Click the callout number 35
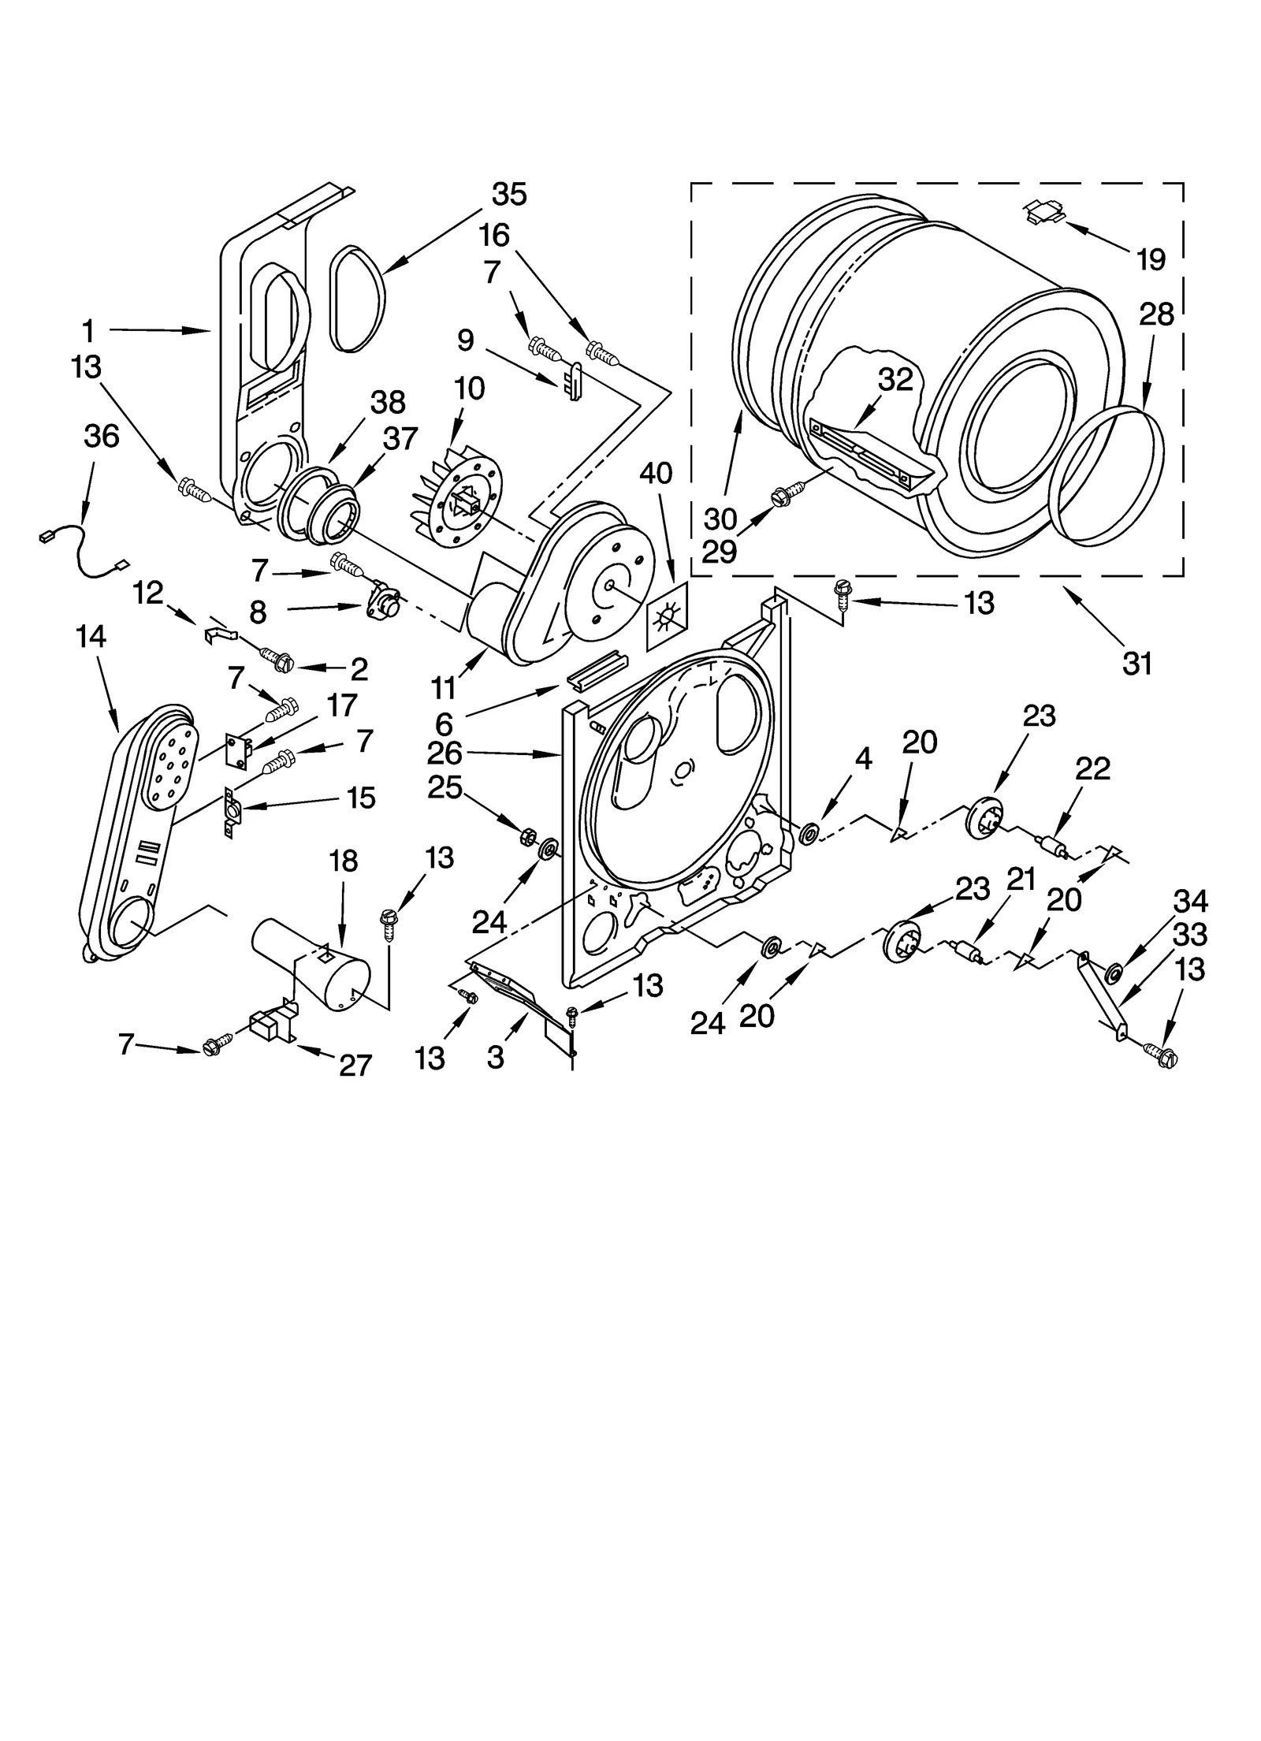point(509,194)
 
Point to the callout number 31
point(1137,664)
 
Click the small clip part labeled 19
point(1043,210)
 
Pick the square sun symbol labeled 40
point(666,616)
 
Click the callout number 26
point(444,753)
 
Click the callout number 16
point(494,235)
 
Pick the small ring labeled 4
point(809,833)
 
